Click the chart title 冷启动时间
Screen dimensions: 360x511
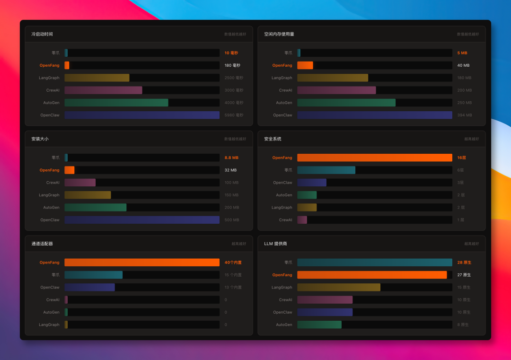[x=42, y=34]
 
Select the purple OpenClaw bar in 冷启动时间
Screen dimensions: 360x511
[x=142, y=115]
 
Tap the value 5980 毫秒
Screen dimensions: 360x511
[x=234, y=115]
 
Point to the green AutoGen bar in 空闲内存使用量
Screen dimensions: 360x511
[x=346, y=103]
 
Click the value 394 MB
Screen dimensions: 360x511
[x=464, y=115]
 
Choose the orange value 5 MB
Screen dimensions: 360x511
[x=462, y=53]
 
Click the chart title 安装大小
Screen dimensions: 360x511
[x=40, y=139]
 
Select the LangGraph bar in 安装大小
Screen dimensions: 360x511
[x=88, y=195]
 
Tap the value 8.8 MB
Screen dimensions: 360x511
[x=231, y=158]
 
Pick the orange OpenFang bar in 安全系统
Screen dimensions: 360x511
[x=375, y=158]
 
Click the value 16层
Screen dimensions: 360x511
[x=461, y=158]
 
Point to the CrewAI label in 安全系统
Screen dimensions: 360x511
[x=286, y=220]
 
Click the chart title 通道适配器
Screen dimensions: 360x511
[x=42, y=244]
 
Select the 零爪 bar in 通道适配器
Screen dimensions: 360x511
[x=93, y=275]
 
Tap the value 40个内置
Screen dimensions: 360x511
[x=233, y=263]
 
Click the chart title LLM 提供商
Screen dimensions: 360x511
[x=275, y=244]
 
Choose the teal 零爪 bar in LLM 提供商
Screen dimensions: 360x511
[x=375, y=263]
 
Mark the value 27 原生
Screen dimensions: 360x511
[x=464, y=275]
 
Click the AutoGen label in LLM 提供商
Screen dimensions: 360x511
[x=284, y=325]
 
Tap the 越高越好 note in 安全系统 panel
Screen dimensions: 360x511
[x=471, y=139]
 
